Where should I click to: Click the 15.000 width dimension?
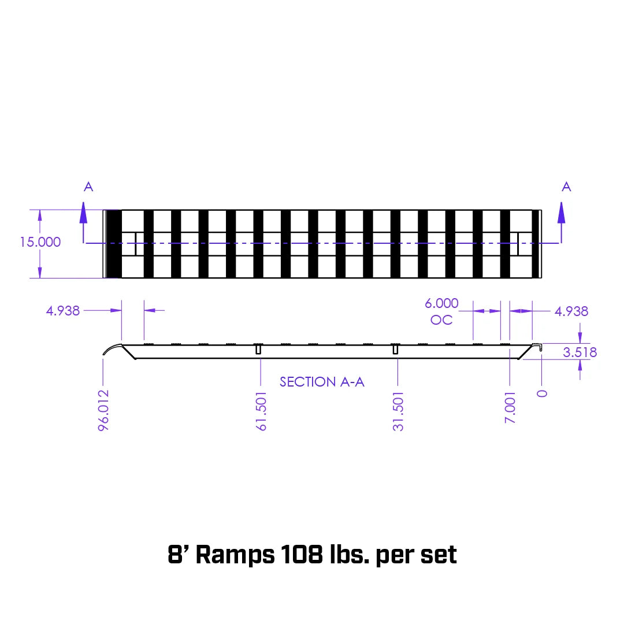point(40,242)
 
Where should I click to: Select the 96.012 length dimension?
point(104,411)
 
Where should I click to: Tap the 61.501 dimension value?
point(262,411)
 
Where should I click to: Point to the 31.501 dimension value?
point(398,411)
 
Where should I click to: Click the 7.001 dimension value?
point(510,407)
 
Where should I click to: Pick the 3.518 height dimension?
point(579,352)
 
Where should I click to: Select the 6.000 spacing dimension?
point(441,303)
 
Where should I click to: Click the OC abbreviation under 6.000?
point(441,320)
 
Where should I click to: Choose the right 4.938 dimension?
point(571,311)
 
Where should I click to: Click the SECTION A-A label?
point(322,382)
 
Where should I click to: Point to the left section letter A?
point(88,187)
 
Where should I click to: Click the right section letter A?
point(566,187)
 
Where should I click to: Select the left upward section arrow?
point(84,214)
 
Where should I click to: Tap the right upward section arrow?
point(561,214)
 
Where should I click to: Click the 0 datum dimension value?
point(542,393)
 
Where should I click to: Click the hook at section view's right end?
point(538,347)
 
